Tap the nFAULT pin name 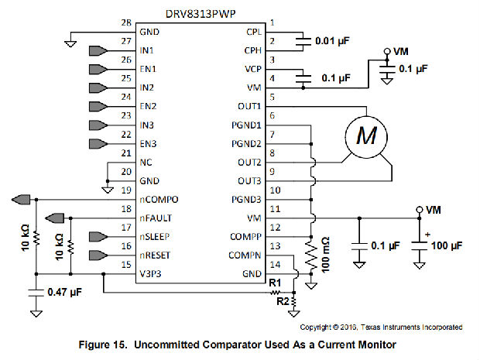[x=156, y=218]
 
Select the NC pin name [x=146, y=163]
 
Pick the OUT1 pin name [x=250, y=107]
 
